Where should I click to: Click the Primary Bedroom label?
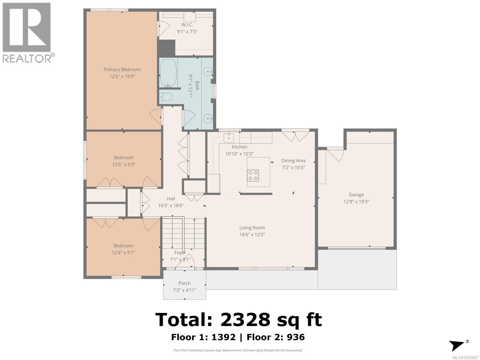(122, 70)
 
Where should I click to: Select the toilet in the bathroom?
(166, 97)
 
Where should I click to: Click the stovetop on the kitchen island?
(253, 175)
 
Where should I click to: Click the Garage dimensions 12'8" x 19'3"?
(356, 202)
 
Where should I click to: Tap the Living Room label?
(252, 228)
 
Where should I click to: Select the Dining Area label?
(293, 160)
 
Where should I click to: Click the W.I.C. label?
(187, 25)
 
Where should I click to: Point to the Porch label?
(184, 283)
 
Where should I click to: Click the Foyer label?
(180, 253)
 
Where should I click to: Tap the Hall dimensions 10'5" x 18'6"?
(171, 205)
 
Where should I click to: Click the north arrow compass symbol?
(457, 345)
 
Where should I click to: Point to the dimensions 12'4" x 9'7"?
(123, 253)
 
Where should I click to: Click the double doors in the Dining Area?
(295, 136)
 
